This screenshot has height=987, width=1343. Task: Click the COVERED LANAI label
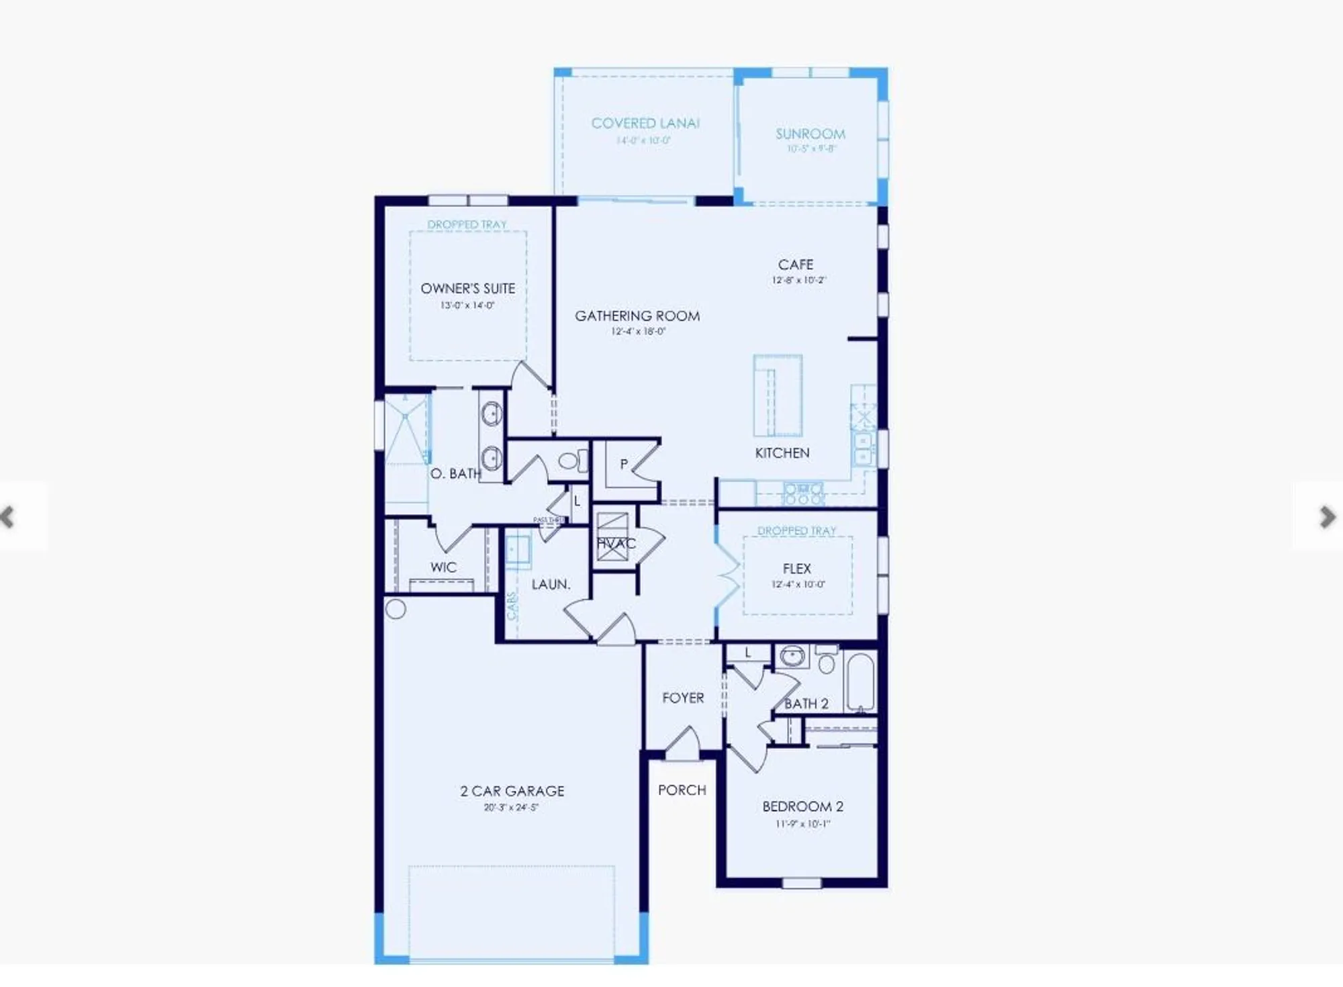coord(645,124)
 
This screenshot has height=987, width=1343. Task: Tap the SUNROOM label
coord(811,134)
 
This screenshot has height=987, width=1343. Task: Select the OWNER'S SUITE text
coord(467,289)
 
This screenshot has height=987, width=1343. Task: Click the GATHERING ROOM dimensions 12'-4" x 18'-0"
coord(638,332)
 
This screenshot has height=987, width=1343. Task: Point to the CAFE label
coord(796,265)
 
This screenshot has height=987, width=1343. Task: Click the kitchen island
coord(778,396)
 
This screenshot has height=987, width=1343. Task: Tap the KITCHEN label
coord(782,453)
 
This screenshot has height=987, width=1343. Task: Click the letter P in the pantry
coord(624,464)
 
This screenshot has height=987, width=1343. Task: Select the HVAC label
coord(616,544)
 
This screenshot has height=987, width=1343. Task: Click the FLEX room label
coord(797,569)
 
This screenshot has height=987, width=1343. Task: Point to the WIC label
coord(443,567)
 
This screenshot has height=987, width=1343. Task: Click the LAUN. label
coord(551,585)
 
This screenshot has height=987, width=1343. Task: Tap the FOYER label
coord(683,698)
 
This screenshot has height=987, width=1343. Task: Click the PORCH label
coord(682,790)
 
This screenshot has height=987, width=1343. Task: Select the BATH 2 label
coord(806,704)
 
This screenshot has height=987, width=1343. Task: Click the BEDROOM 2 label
coord(802,807)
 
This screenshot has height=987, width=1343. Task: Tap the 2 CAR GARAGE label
coord(512,792)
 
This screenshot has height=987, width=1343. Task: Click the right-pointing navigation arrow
coord(1326,517)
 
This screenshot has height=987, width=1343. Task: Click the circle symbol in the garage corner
coord(396,609)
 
